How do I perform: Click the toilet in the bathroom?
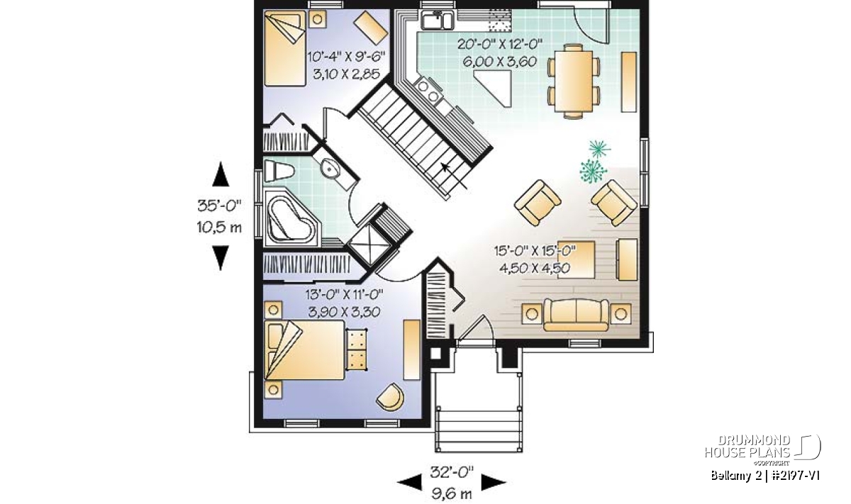(x=279, y=171)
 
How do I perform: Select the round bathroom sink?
(x=329, y=168)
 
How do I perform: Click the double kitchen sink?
(x=437, y=20)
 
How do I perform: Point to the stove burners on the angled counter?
(x=428, y=90)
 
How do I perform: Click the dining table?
(x=574, y=82)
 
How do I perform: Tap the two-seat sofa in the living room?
(x=576, y=315)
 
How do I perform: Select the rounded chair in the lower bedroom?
(x=390, y=396)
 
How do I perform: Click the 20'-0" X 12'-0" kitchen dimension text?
(x=499, y=45)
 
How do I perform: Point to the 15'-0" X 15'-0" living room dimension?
(x=535, y=251)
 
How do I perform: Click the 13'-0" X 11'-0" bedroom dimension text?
(x=344, y=294)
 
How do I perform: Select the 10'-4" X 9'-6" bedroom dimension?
(x=346, y=57)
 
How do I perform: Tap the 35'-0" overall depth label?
(x=220, y=206)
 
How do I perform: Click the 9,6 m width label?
(x=452, y=494)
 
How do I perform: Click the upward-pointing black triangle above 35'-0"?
(x=221, y=174)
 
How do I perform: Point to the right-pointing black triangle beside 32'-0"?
(x=494, y=483)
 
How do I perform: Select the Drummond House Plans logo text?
(x=747, y=447)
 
